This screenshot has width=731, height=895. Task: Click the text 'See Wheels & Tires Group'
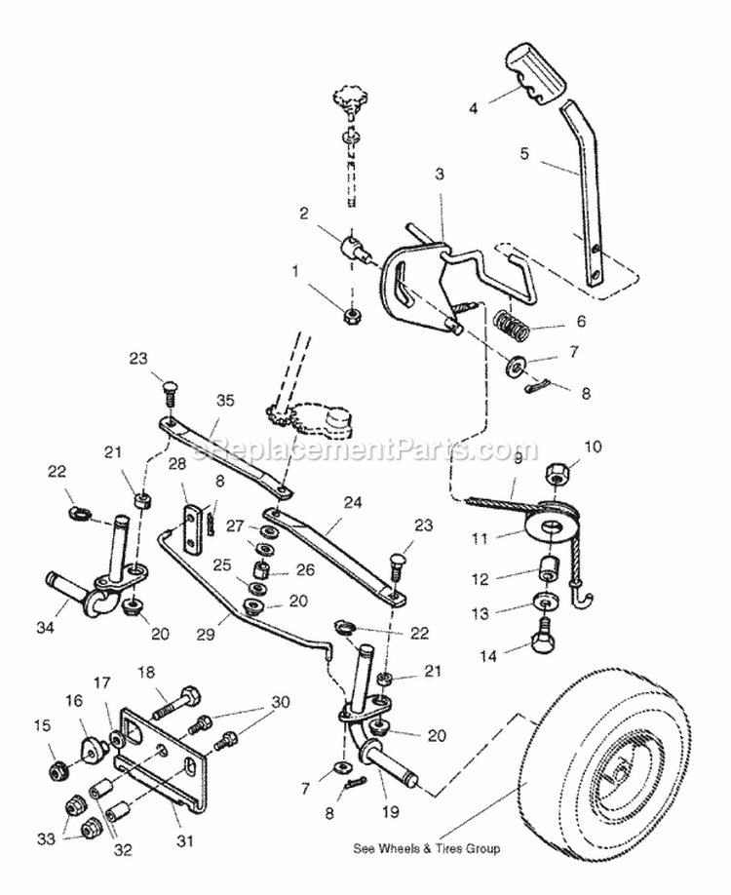(x=426, y=848)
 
